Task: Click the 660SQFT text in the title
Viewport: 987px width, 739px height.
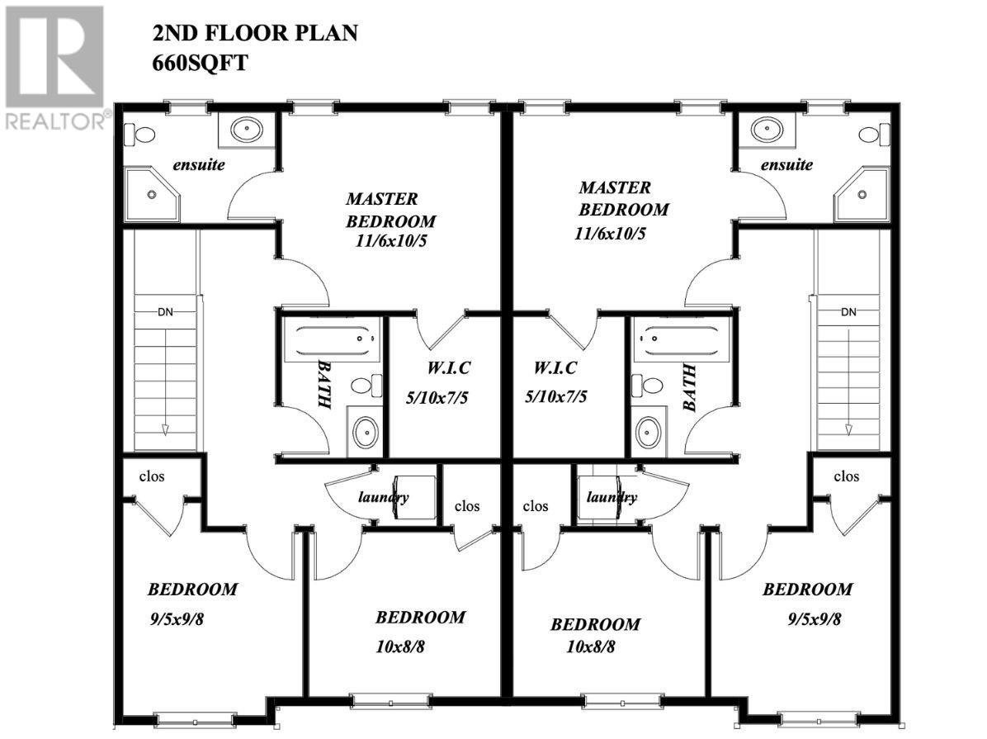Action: (x=200, y=64)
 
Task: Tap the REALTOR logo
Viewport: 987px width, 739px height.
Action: (x=54, y=67)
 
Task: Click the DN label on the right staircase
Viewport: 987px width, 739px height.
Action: (x=848, y=311)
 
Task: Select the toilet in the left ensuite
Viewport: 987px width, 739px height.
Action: (x=144, y=134)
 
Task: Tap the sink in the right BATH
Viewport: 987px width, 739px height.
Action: (x=649, y=431)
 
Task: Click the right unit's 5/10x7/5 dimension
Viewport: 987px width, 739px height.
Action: (x=556, y=396)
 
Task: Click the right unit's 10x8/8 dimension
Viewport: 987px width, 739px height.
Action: (x=591, y=647)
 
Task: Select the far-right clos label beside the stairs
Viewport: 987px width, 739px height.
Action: (x=847, y=476)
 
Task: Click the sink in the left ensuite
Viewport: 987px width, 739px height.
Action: (x=246, y=130)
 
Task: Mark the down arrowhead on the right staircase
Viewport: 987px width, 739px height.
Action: (x=848, y=429)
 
